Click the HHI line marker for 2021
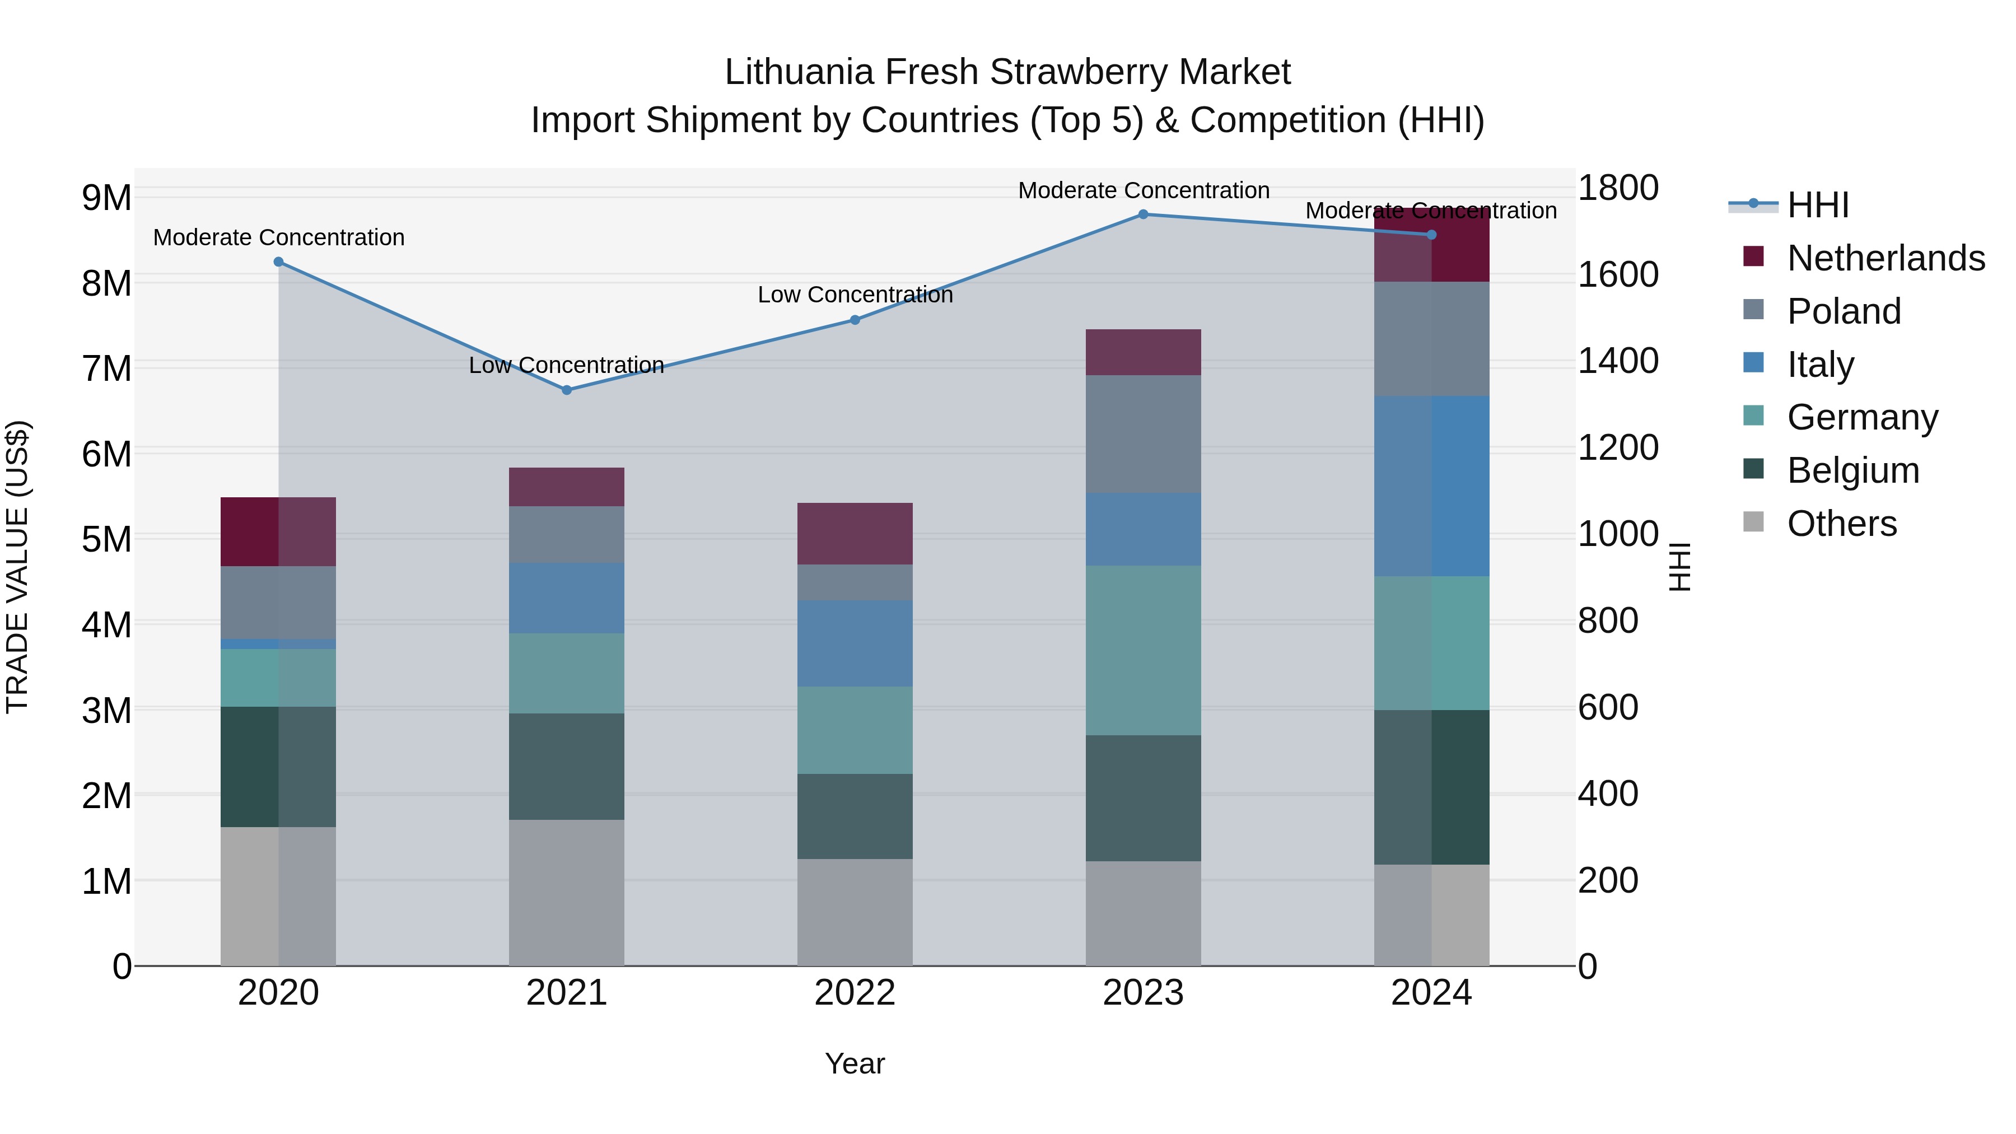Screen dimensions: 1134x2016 pos(567,390)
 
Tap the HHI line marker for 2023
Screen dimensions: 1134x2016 pos(1142,214)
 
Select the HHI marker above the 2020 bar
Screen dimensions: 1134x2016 pos(279,262)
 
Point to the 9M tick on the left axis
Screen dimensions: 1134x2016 pos(106,198)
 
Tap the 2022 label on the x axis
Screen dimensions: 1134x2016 pos(855,993)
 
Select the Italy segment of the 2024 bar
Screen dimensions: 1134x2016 pos(1431,486)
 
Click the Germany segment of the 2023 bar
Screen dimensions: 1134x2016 pos(1142,650)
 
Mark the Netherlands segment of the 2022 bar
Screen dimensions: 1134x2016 pos(855,534)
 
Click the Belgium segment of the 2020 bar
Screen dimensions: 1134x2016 pos(279,767)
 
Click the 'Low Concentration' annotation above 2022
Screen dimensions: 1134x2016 pos(855,295)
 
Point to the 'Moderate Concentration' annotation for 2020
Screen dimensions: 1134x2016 pos(279,237)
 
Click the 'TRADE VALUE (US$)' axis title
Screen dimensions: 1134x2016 pos(17,567)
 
